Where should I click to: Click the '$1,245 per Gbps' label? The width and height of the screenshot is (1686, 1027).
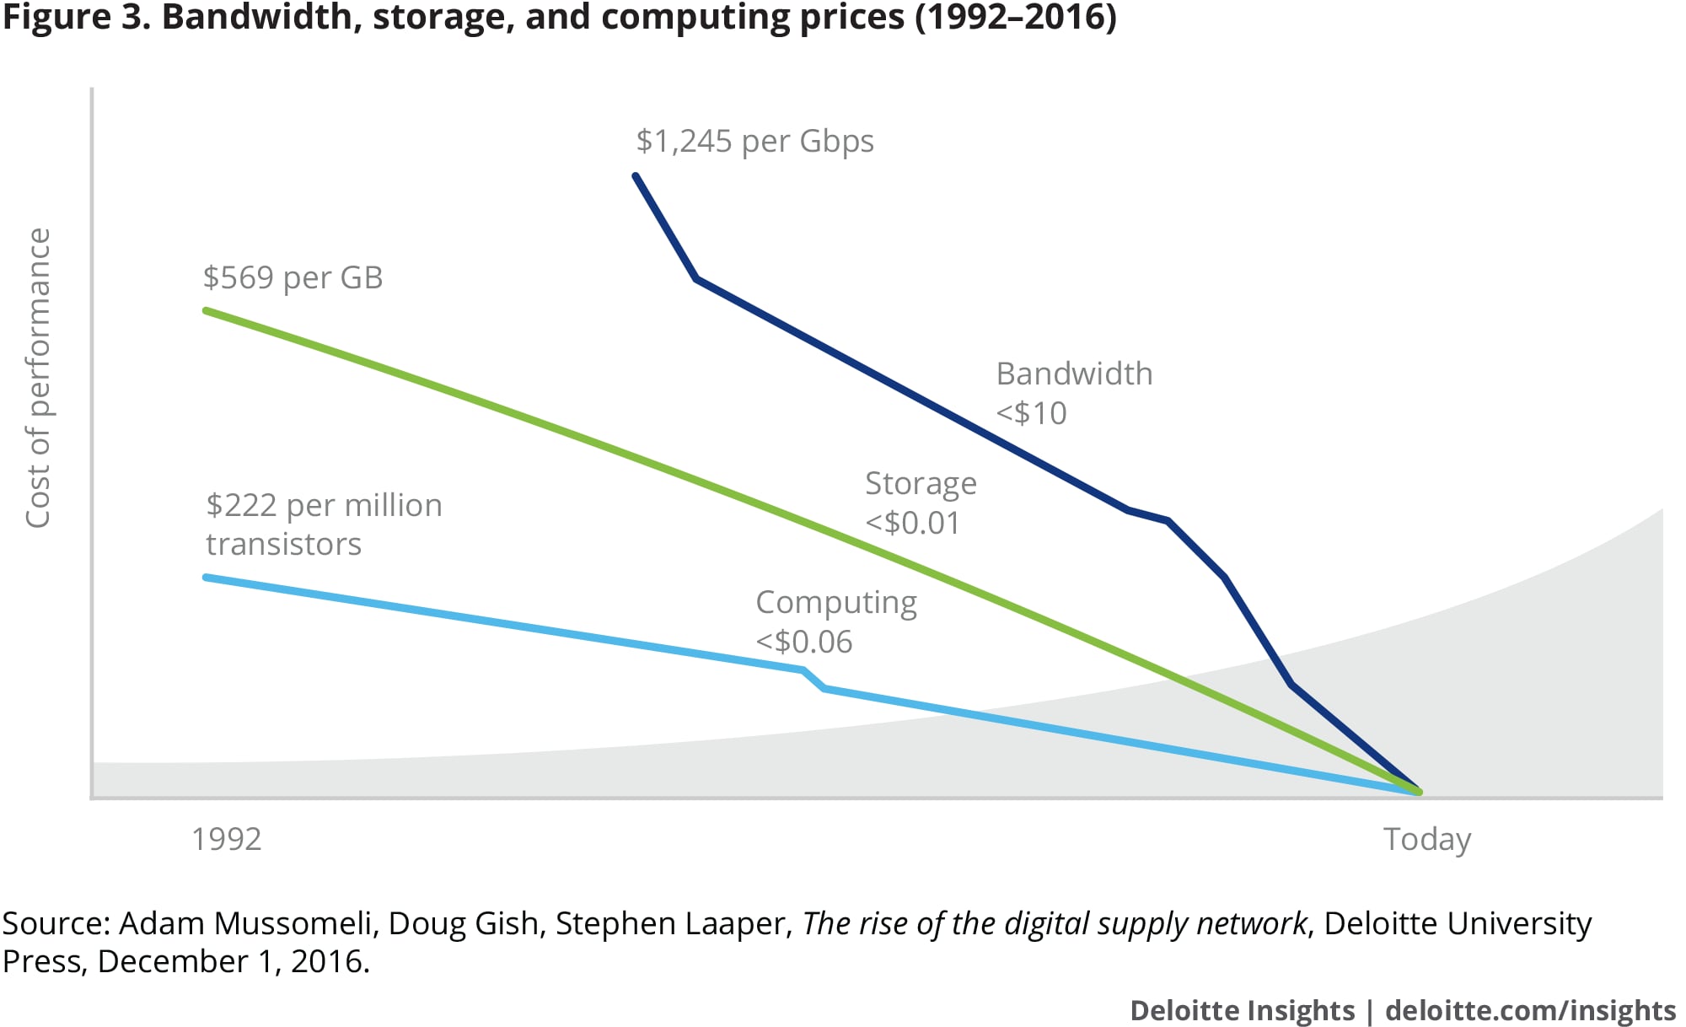pos(754,141)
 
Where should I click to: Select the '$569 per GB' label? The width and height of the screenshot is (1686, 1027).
pos(293,277)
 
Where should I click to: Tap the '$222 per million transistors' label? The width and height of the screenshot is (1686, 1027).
pos(324,524)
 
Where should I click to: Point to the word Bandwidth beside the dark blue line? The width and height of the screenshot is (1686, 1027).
pos(1074,374)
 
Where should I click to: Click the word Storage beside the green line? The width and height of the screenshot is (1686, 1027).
pos(921,484)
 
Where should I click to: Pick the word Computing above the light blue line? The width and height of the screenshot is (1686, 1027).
pos(835,603)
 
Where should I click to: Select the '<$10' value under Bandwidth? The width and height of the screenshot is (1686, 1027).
pos(1031,413)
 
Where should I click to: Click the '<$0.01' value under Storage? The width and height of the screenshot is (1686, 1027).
pos(912,523)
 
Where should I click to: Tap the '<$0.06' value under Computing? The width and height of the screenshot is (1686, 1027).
pos(803,642)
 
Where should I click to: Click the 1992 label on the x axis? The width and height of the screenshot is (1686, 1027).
pos(226,839)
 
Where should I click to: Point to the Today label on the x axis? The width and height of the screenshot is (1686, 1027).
pos(1426,839)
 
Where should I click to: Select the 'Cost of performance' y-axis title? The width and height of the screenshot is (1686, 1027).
pos(39,379)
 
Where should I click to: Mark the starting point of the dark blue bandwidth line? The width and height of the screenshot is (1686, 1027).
pos(636,175)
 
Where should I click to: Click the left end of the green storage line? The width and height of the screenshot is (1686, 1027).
pos(206,310)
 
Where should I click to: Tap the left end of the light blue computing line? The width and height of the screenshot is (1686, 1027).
pos(206,577)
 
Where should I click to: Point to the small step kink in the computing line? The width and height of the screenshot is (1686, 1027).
pos(813,679)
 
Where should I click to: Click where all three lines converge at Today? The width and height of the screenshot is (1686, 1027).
pos(1419,792)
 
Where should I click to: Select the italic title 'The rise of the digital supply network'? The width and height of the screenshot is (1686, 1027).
pos(1054,923)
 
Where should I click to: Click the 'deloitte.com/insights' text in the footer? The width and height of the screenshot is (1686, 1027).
pos(1530,1010)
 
